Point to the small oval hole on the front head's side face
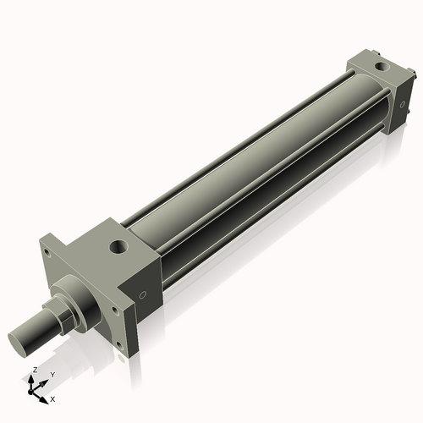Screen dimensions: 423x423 (x=144, y=295)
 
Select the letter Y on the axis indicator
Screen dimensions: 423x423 (x=52, y=373)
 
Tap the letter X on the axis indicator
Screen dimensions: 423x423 (x=52, y=397)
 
